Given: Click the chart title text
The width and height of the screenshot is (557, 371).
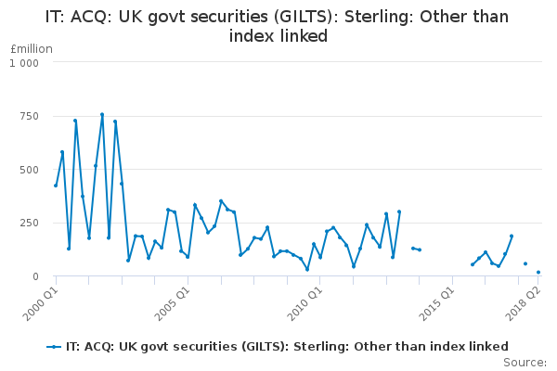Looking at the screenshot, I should (x=278, y=26).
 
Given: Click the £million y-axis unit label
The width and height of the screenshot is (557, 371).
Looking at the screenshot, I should (x=32, y=49).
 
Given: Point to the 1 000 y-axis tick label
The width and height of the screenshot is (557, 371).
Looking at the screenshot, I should (x=24, y=62).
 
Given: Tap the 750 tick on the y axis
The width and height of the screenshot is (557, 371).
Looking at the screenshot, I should (x=28, y=116).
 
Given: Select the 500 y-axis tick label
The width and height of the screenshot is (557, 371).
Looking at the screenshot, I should (x=28, y=170).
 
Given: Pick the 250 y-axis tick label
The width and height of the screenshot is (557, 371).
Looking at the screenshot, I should (x=28, y=224).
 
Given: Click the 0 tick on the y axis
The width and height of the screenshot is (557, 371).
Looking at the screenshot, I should (x=35, y=276).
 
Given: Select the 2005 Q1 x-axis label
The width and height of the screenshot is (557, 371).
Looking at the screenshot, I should (x=173, y=301).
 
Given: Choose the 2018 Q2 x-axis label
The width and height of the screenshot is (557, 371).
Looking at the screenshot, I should (x=525, y=301).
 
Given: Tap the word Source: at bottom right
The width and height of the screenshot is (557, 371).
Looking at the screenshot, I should (x=525, y=362).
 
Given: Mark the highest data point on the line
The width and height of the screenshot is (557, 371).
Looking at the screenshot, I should (x=102, y=114).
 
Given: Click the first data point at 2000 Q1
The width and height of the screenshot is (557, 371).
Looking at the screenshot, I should (x=56, y=185).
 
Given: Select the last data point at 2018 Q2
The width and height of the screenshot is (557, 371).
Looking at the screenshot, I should (x=538, y=273).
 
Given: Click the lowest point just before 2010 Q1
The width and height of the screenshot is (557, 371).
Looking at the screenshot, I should (x=307, y=269).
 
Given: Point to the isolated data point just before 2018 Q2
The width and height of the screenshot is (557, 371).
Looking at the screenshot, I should (x=525, y=263).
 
